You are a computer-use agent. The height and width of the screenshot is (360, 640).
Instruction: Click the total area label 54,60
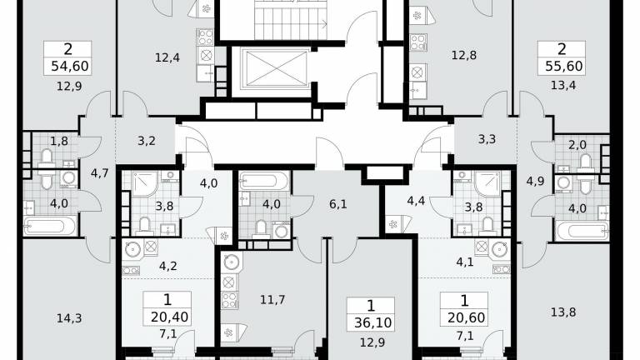(x=70, y=66)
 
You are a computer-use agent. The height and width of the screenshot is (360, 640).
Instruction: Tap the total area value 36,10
(x=372, y=322)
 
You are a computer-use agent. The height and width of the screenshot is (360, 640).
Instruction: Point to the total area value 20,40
(x=169, y=317)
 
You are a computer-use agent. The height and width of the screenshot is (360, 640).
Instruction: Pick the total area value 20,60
(x=466, y=317)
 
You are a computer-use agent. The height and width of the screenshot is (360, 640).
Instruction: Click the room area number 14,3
(x=69, y=318)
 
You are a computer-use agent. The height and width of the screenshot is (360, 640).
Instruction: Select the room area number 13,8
(x=563, y=312)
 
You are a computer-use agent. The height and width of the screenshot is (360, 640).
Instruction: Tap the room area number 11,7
(x=272, y=300)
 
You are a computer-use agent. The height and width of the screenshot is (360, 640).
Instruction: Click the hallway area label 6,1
(x=338, y=203)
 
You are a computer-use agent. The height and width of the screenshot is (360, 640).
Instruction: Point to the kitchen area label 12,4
(x=167, y=58)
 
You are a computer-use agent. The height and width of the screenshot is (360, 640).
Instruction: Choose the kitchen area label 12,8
(x=463, y=55)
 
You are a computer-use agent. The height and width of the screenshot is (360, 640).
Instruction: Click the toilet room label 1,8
(x=59, y=141)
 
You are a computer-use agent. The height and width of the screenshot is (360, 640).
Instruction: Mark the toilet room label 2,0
(x=577, y=144)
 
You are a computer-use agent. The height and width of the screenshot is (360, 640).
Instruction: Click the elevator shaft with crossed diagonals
(x=276, y=68)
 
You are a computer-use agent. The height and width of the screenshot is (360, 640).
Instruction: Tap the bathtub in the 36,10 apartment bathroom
(x=263, y=181)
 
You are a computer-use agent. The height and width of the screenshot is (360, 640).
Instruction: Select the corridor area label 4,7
(x=100, y=173)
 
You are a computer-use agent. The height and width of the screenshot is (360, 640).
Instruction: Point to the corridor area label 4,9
(x=535, y=181)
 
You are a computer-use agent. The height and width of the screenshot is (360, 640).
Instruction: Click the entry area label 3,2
(x=146, y=141)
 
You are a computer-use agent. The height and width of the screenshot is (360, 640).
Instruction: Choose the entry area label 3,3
(x=487, y=139)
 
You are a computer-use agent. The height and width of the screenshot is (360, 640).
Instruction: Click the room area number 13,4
(x=563, y=86)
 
